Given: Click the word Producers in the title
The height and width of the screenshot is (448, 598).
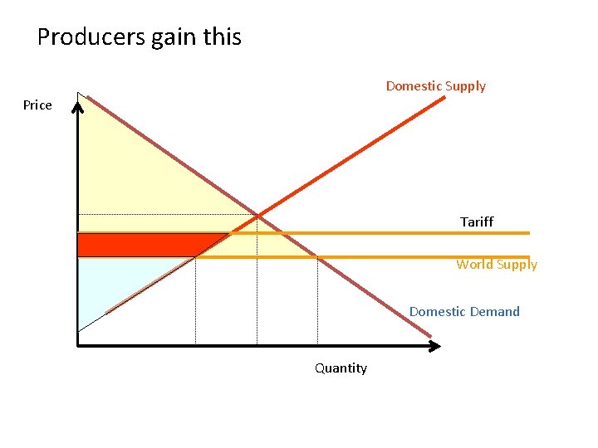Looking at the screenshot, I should tap(91, 37).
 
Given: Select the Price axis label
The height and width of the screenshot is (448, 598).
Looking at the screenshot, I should tap(37, 105).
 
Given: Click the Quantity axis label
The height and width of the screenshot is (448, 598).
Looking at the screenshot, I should tap(341, 368).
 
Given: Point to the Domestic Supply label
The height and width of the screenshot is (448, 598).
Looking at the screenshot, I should tap(435, 86).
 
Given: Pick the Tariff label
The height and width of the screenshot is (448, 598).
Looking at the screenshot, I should tap(477, 222).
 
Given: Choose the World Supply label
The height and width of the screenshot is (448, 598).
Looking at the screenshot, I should tap(497, 265).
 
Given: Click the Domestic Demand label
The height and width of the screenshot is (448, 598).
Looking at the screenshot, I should tap(464, 312).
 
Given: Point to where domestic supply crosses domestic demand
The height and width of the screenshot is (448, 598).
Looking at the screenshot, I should tap(257, 216).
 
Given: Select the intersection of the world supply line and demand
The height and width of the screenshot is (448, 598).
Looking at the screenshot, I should tap(317, 257).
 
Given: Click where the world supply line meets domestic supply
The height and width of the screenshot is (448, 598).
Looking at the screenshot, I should tap(195, 257).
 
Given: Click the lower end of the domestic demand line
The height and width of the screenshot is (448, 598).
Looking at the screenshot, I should tap(431, 337).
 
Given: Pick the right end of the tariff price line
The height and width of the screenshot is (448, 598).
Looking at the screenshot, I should tap(527, 233).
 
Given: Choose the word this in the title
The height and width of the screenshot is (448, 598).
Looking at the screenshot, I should tap(223, 37).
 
